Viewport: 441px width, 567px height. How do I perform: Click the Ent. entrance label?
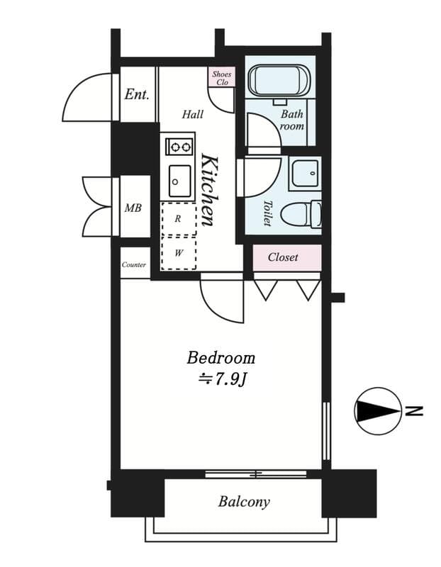pyautogui.click(x=137, y=94)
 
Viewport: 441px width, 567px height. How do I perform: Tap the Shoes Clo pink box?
pyautogui.click(x=222, y=77)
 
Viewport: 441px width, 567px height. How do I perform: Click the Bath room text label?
pyautogui.click(x=292, y=120)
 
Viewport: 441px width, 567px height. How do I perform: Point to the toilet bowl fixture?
pyautogui.click(x=301, y=213)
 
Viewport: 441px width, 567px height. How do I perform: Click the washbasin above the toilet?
pyautogui.click(x=305, y=173)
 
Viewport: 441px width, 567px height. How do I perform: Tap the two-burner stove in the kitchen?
pyautogui.click(x=179, y=147)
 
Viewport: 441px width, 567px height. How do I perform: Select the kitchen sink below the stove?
pyautogui.click(x=179, y=181)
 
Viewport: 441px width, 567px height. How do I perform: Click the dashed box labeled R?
pyautogui.click(x=178, y=219)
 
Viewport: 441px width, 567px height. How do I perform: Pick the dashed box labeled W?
pyautogui.click(x=178, y=253)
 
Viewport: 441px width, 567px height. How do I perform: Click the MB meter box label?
pyautogui.click(x=133, y=208)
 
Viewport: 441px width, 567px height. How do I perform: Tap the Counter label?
pyautogui.click(x=134, y=264)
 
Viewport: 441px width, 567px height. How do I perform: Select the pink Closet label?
pyautogui.click(x=284, y=257)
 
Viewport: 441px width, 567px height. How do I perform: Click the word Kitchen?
pyautogui.click(x=208, y=189)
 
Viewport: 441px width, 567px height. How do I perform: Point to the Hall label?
pyautogui.click(x=192, y=114)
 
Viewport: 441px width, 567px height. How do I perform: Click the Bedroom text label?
pyautogui.click(x=220, y=357)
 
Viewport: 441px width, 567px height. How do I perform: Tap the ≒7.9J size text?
pyautogui.click(x=221, y=380)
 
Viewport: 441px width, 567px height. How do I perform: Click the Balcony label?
pyautogui.click(x=243, y=502)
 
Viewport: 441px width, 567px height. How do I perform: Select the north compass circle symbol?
pyautogui.click(x=376, y=410)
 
